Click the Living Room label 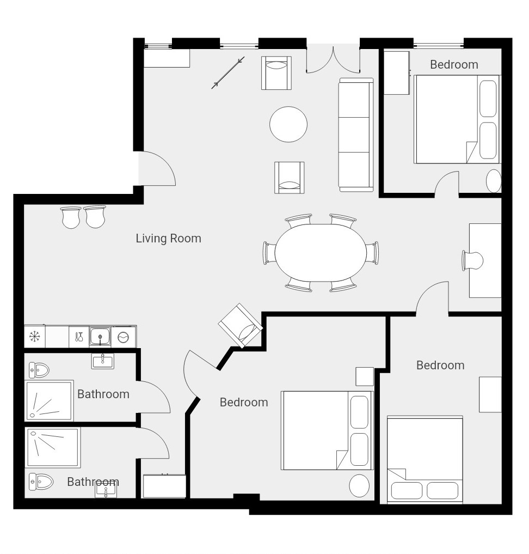pos(168,239)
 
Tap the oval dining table pos(321,253)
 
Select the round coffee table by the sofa pos(288,124)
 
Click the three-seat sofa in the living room pos(356,135)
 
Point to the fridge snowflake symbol pos(34,336)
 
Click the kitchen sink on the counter pos(100,336)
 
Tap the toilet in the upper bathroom pos(39,370)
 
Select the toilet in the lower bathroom pos(41,482)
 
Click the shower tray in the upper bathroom pos(49,401)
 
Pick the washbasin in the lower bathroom pos(106,491)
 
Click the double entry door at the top pos(333,60)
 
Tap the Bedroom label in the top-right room pos(454,65)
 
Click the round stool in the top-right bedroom pos(494,181)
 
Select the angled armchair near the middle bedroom pos(241,325)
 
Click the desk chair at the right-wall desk pos(472,261)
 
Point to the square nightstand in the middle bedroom pos(365,376)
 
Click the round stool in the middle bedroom pos(359,485)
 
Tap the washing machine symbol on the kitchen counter pos(123,337)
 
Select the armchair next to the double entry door pos(276,73)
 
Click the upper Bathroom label pos(103,394)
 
